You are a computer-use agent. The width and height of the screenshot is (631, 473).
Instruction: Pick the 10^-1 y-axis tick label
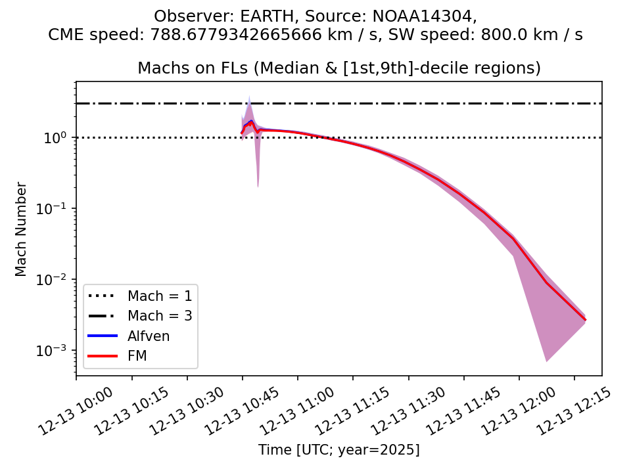tap(55, 209)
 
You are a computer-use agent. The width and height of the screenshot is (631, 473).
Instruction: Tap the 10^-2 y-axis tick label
tap(55, 280)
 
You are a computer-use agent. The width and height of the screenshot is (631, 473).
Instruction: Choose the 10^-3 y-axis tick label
tap(55, 351)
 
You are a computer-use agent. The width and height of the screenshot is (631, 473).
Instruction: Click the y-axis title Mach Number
tap(22, 229)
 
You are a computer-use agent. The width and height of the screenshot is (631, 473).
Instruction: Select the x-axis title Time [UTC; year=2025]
tap(339, 450)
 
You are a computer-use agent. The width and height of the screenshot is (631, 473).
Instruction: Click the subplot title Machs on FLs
tap(339, 68)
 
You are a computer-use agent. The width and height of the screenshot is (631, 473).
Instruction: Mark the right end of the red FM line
tap(585, 320)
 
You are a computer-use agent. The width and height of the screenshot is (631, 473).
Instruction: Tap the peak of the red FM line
tap(250, 122)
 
